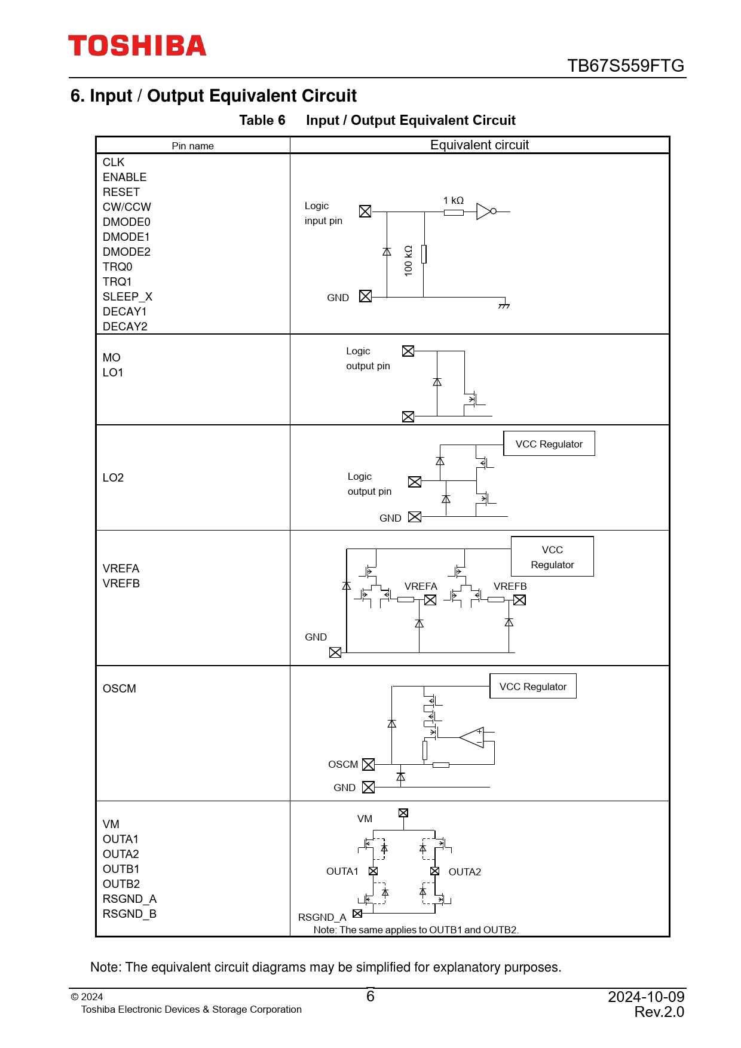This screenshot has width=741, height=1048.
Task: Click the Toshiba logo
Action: [x=137, y=46]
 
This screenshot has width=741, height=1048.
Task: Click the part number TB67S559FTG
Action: [x=625, y=66]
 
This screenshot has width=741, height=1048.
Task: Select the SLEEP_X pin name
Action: [x=127, y=297]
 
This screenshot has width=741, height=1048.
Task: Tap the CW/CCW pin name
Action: [x=127, y=207]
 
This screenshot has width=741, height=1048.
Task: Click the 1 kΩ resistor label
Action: [x=453, y=201]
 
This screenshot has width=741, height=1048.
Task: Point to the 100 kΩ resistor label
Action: [x=409, y=261]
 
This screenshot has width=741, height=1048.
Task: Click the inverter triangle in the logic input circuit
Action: [x=484, y=212]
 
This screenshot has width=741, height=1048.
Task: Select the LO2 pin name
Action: [x=113, y=478]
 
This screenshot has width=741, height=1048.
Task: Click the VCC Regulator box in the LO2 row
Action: [x=549, y=444]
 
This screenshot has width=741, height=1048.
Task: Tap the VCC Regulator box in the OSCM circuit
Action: [x=532, y=687]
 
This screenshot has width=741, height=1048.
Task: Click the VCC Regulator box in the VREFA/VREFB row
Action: [x=552, y=557]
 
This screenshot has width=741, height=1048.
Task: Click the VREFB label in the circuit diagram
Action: [x=510, y=587]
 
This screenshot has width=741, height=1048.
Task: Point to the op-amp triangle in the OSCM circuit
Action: [x=473, y=737]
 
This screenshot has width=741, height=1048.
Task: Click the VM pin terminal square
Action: [x=403, y=813]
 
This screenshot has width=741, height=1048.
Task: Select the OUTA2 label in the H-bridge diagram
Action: [x=464, y=872]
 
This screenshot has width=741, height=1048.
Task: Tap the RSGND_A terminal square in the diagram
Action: [x=357, y=914]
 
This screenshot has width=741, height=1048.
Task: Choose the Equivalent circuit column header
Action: [x=479, y=145]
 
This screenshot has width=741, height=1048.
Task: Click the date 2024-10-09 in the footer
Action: [x=646, y=997]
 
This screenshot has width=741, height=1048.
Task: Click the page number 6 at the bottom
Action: [x=370, y=997]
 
